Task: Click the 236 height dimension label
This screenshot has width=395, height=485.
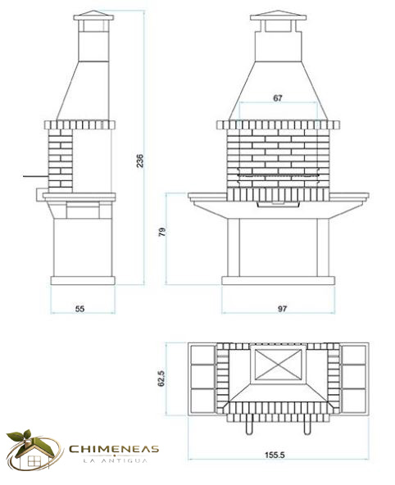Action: [140, 161]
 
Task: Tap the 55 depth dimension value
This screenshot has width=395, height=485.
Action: [79, 309]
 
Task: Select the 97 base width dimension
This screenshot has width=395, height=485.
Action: [282, 309]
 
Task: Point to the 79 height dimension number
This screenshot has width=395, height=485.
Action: [162, 232]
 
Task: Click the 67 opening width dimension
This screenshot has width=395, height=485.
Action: [278, 98]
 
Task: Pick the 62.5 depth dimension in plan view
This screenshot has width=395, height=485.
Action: [161, 378]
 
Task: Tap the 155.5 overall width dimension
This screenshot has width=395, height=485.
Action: [275, 455]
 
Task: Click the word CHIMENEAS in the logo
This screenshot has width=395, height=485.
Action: [114, 449]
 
